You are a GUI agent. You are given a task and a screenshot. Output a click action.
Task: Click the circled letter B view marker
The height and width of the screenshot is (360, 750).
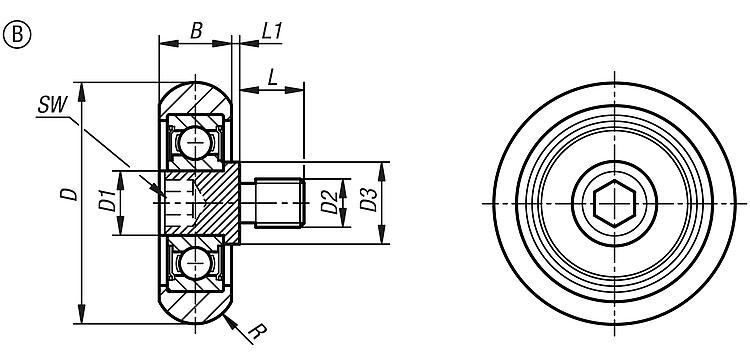17,35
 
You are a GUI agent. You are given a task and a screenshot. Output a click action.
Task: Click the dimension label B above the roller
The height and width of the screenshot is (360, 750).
196,32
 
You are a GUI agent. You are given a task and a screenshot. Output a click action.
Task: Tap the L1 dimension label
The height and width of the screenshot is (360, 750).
272,32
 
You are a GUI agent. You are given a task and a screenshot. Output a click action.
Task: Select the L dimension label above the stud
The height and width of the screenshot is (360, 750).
273,76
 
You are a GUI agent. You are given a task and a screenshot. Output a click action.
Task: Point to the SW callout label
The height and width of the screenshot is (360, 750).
52,105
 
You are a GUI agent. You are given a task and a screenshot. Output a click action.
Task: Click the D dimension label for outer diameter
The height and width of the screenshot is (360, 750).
71,194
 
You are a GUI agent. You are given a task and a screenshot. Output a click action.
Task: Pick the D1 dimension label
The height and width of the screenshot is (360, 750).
107,201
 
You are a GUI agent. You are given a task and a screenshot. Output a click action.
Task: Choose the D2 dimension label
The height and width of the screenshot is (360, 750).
330,202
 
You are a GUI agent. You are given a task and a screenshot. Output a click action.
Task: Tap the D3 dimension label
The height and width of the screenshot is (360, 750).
368,200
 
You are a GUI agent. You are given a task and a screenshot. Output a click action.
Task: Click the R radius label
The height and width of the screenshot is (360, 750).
258,331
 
